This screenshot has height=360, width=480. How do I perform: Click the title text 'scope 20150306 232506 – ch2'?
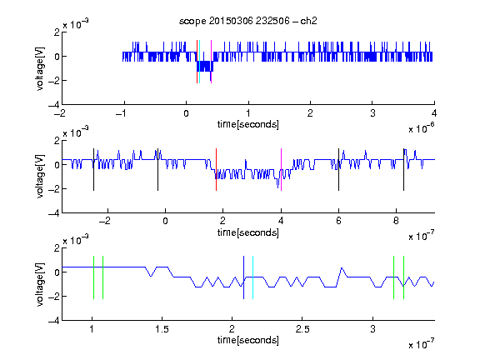pos(248,21)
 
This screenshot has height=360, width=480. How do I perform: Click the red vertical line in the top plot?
pos(197,62)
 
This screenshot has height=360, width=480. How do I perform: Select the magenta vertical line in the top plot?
pos(211,62)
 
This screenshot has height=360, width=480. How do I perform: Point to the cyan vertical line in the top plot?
pos(200,62)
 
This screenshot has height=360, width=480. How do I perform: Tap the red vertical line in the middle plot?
pos(216,170)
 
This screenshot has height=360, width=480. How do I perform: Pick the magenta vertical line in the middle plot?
pos(281,170)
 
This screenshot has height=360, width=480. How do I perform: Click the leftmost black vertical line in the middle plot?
pos(93,170)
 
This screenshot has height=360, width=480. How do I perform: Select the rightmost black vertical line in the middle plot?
pos(403,170)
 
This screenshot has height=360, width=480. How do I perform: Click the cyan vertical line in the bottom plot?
pos(252,277)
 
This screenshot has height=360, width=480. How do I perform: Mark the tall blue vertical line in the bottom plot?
pos(243,277)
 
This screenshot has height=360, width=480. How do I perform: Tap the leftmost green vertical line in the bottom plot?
pos(93,277)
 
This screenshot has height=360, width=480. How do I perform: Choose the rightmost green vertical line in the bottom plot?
pos(404,277)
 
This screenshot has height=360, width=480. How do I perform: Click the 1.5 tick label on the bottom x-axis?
pos(162,329)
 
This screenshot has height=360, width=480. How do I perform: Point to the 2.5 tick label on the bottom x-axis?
pos(302,329)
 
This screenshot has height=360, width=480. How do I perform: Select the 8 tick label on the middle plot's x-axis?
pos(396,221)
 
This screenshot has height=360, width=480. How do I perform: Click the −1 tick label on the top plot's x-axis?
pos(121,113)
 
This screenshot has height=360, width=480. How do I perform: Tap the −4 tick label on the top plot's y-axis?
pos(53,105)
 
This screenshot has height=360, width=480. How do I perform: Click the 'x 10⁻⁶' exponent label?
pos(421,128)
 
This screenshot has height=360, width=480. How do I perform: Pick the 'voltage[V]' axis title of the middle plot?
pos(40,177)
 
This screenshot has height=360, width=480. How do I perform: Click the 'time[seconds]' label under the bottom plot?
pos(248,340)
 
